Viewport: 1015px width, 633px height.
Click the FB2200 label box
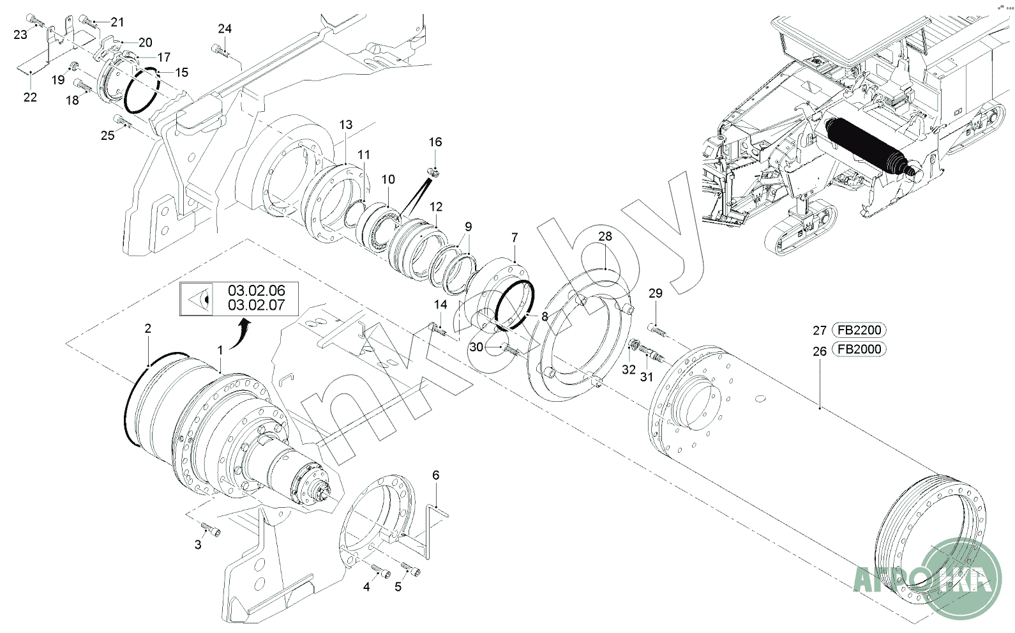859,330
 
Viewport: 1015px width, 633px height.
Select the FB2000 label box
859,349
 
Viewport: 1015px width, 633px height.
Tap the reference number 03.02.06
257,291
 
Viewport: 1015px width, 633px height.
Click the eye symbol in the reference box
199,300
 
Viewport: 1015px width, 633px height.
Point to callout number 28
605,236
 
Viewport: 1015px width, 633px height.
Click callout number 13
346,125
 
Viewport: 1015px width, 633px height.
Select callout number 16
435,142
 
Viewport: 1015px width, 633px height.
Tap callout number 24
225,29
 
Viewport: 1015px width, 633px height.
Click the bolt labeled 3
211,529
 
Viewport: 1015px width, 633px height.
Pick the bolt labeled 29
657,330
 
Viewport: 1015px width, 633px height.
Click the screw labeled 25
123,121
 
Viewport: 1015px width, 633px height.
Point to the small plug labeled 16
434,172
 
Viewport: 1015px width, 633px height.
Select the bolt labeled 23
35,20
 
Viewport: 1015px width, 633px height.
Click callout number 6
436,475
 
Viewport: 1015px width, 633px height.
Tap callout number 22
30,97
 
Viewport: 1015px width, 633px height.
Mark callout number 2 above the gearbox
147,328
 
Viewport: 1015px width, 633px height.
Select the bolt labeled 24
220,50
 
